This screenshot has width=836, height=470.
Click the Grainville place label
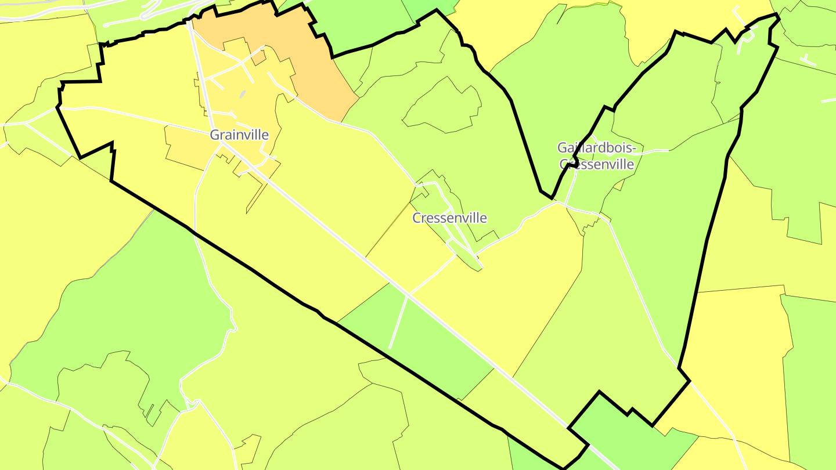pyautogui.click(x=239, y=135)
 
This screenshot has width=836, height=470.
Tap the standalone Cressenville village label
pyautogui.click(x=449, y=218)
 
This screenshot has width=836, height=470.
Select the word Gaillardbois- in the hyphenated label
pyautogui.click(x=597, y=149)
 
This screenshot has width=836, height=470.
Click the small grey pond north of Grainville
pyautogui.click(x=243, y=94)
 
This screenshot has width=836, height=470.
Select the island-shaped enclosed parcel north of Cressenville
pyautogui.click(x=444, y=104)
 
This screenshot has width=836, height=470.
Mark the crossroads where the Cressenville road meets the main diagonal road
pyautogui.click(x=408, y=295)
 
